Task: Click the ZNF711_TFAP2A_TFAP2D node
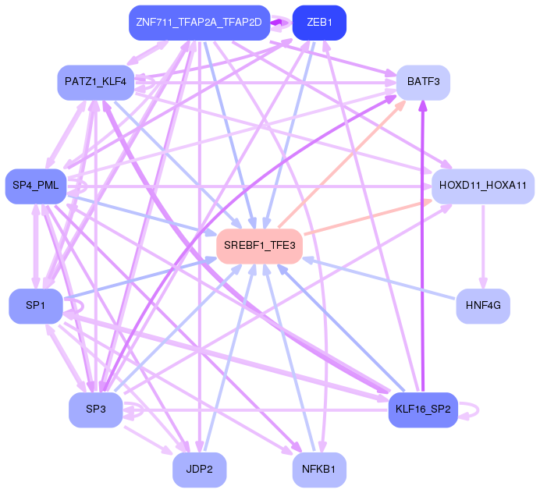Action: tap(198, 22)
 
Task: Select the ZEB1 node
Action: tap(318, 22)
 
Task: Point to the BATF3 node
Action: tap(423, 81)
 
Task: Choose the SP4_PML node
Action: tap(36, 186)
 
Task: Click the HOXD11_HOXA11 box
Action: tap(482, 186)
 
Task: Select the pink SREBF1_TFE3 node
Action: tap(259, 246)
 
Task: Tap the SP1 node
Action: tap(36, 305)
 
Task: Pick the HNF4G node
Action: tap(482, 305)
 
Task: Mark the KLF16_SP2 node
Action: tap(422, 410)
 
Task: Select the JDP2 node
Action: tap(198, 469)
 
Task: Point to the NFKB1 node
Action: tap(318, 469)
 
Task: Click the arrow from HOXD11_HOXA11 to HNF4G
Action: tap(483, 246)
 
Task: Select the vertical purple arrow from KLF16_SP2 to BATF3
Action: tap(423, 250)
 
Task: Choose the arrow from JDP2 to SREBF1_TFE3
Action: tap(230, 351)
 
